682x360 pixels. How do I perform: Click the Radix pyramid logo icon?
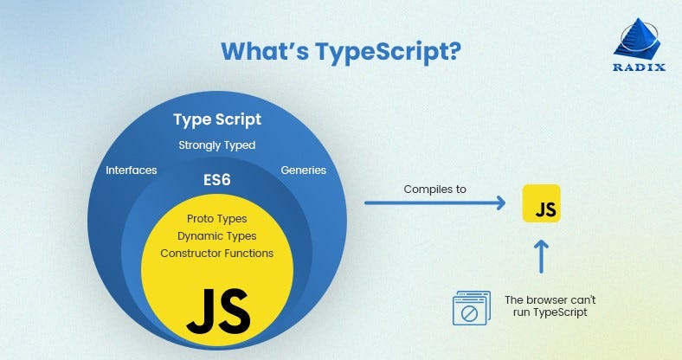639,41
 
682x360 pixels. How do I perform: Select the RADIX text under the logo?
639,68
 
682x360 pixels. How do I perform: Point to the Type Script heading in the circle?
216,119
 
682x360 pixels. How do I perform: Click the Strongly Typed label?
216,145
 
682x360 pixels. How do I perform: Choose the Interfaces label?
131,170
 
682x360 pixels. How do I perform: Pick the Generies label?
303,170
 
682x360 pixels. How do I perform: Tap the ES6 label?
216,183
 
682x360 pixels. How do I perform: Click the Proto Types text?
216,219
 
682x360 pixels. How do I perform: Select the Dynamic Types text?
216,236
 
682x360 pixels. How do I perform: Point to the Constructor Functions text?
216,254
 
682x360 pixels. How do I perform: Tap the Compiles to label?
434,188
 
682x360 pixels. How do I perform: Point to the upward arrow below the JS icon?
542,259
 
